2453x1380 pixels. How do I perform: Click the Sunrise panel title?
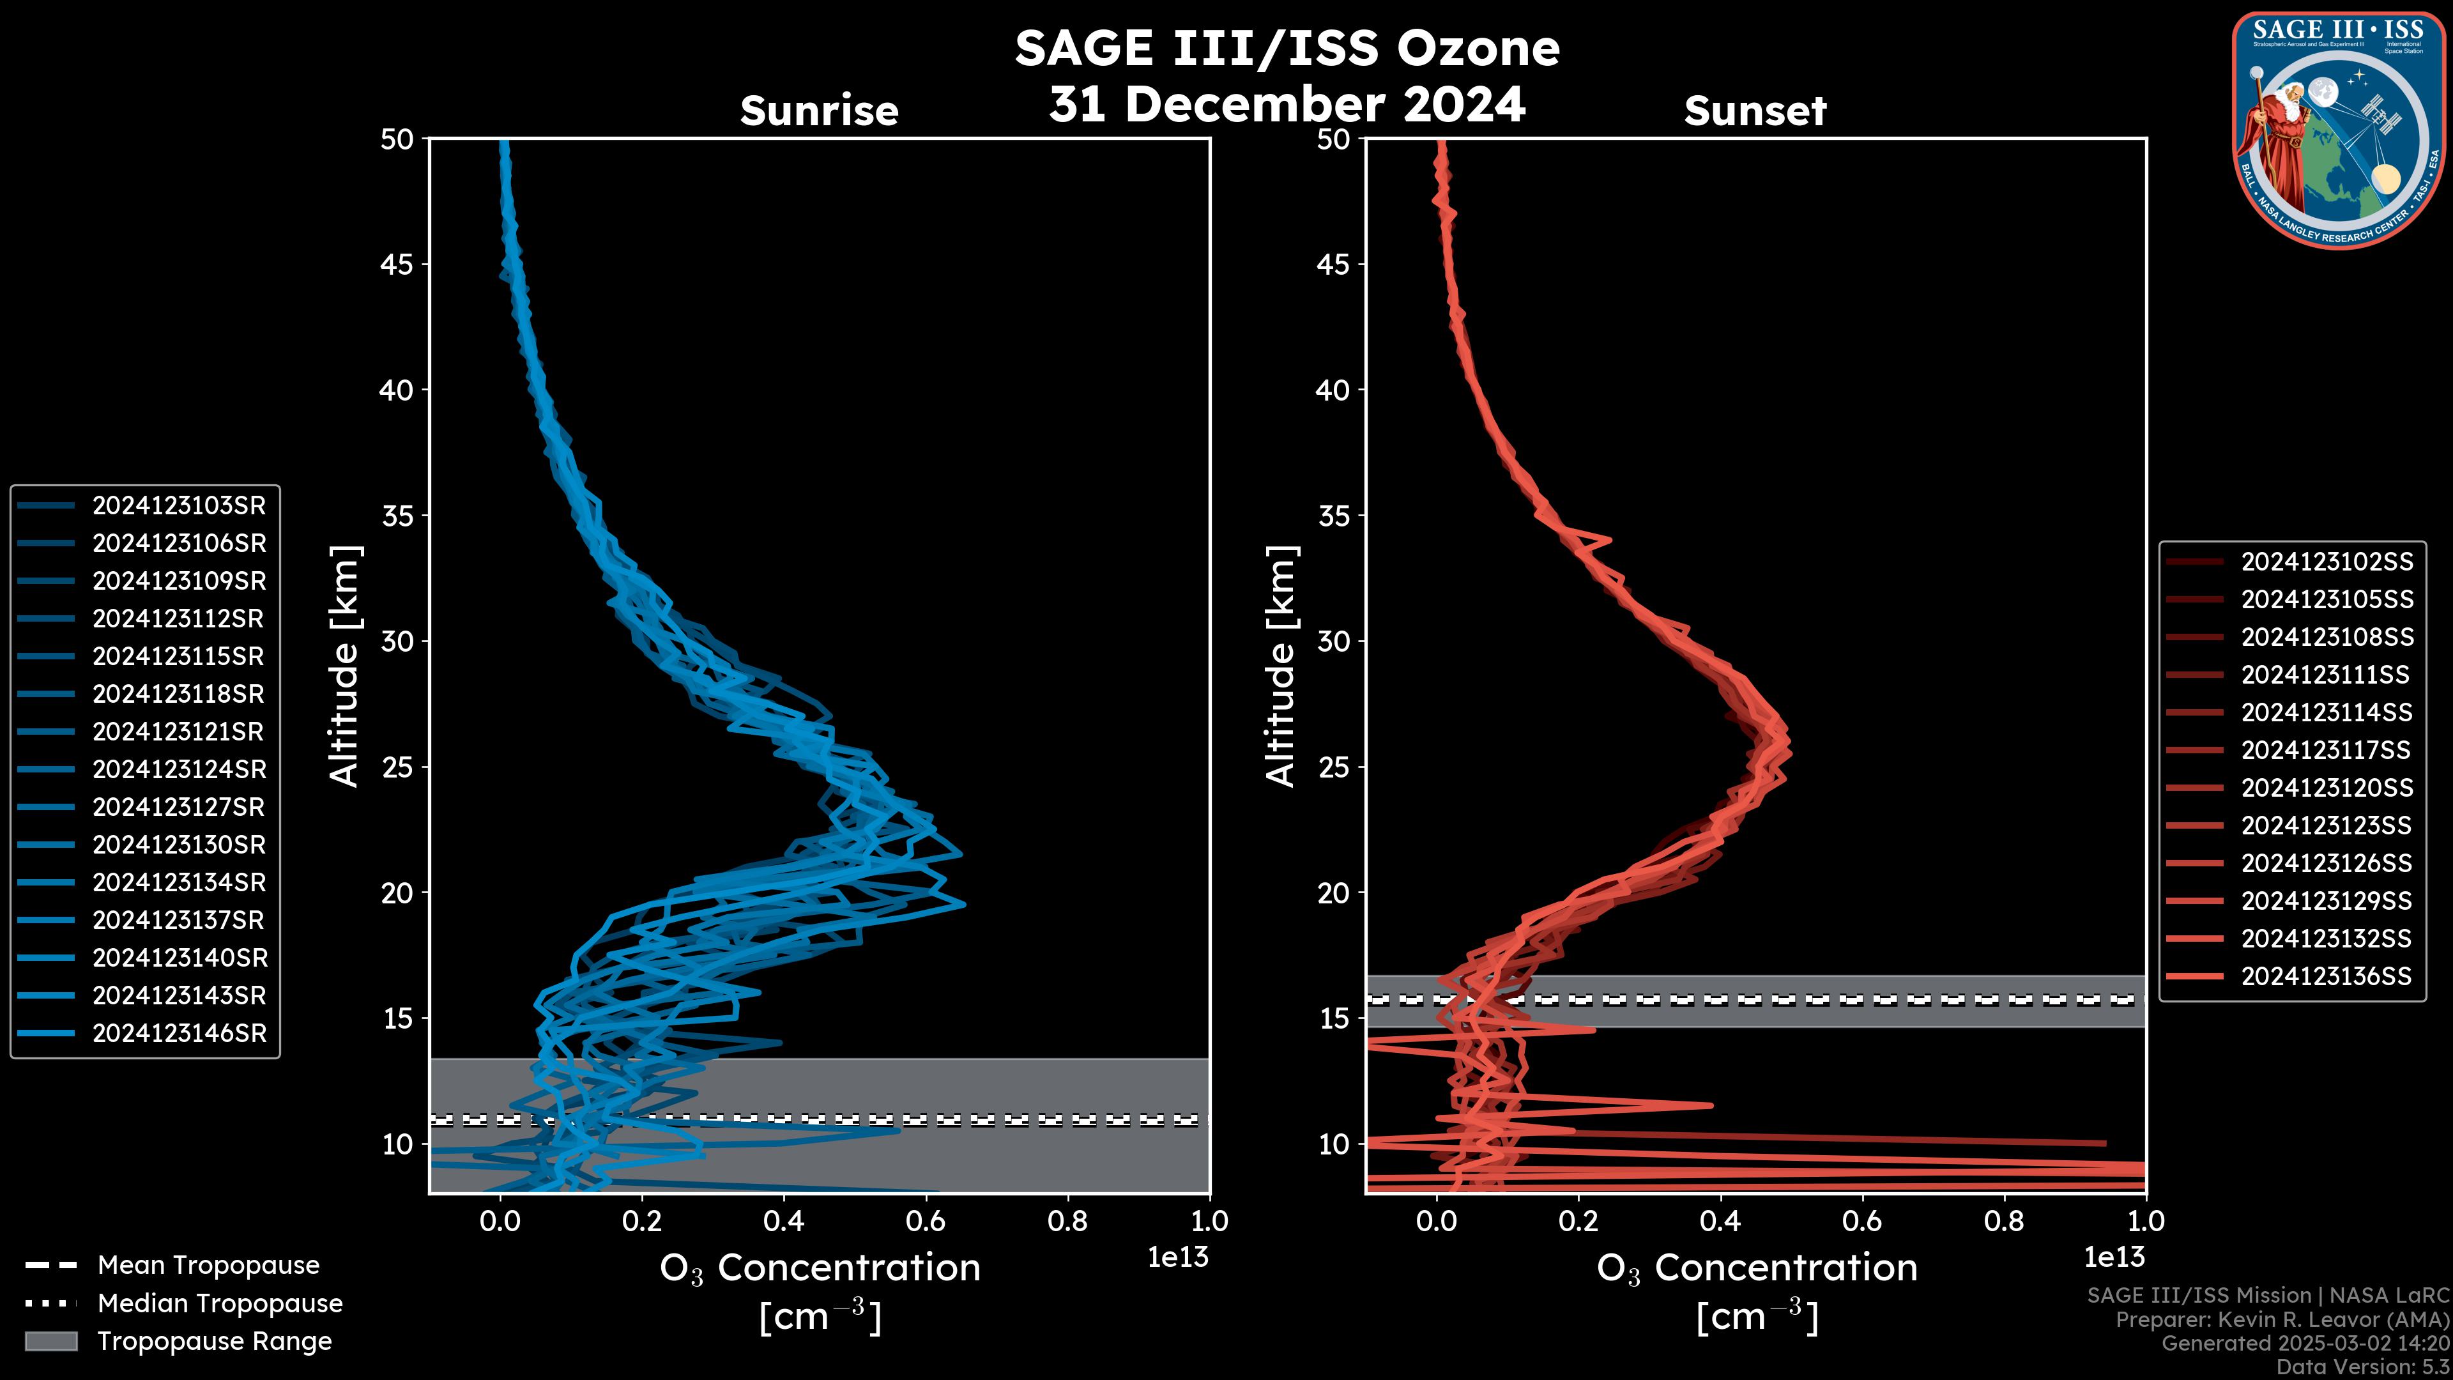[x=819, y=111]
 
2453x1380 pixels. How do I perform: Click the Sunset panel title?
[x=1755, y=111]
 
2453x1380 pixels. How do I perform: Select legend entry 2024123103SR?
[x=179, y=506]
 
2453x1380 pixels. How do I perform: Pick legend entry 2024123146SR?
[x=179, y=1033]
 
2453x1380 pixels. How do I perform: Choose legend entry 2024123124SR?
[x=179, y=769]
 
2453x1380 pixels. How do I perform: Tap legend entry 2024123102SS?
[x=2327, y=562]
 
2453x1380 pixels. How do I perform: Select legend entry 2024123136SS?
[x=2327, y=976]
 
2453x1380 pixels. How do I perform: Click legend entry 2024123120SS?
[x=2327, y=788]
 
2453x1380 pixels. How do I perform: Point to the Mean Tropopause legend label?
[x=208, y=1266]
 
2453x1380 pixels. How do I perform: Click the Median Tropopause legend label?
[x=220, y=1304]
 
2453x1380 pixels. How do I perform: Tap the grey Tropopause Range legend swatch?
[x=50, y=1341]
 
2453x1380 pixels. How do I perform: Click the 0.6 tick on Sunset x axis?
[x=1861, y=1221]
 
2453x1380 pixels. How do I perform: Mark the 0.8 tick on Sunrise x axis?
[x=1067, y=1221]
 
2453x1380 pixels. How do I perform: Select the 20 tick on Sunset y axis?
[x=1333, y=893]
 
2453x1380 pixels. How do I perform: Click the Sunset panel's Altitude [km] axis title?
[x=1281, y=666]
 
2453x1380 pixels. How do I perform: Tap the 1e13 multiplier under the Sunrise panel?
[x=1177, y=1257]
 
